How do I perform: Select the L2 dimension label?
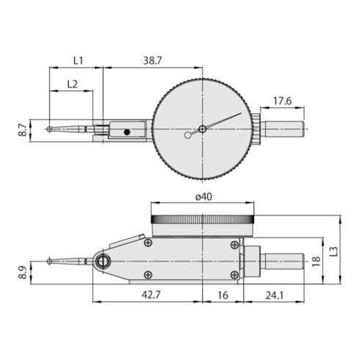point(72,84)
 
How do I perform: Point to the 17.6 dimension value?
point(283,101)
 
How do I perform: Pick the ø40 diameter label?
point(202,196)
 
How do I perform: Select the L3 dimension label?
point(335,251)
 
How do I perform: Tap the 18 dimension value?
point(317,260)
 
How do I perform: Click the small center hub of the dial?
point(202,129)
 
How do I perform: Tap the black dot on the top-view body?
point(128,132)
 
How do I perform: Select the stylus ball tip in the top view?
point(49,130)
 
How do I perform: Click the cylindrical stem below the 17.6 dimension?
point(283,130)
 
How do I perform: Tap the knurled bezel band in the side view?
point(202,219)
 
